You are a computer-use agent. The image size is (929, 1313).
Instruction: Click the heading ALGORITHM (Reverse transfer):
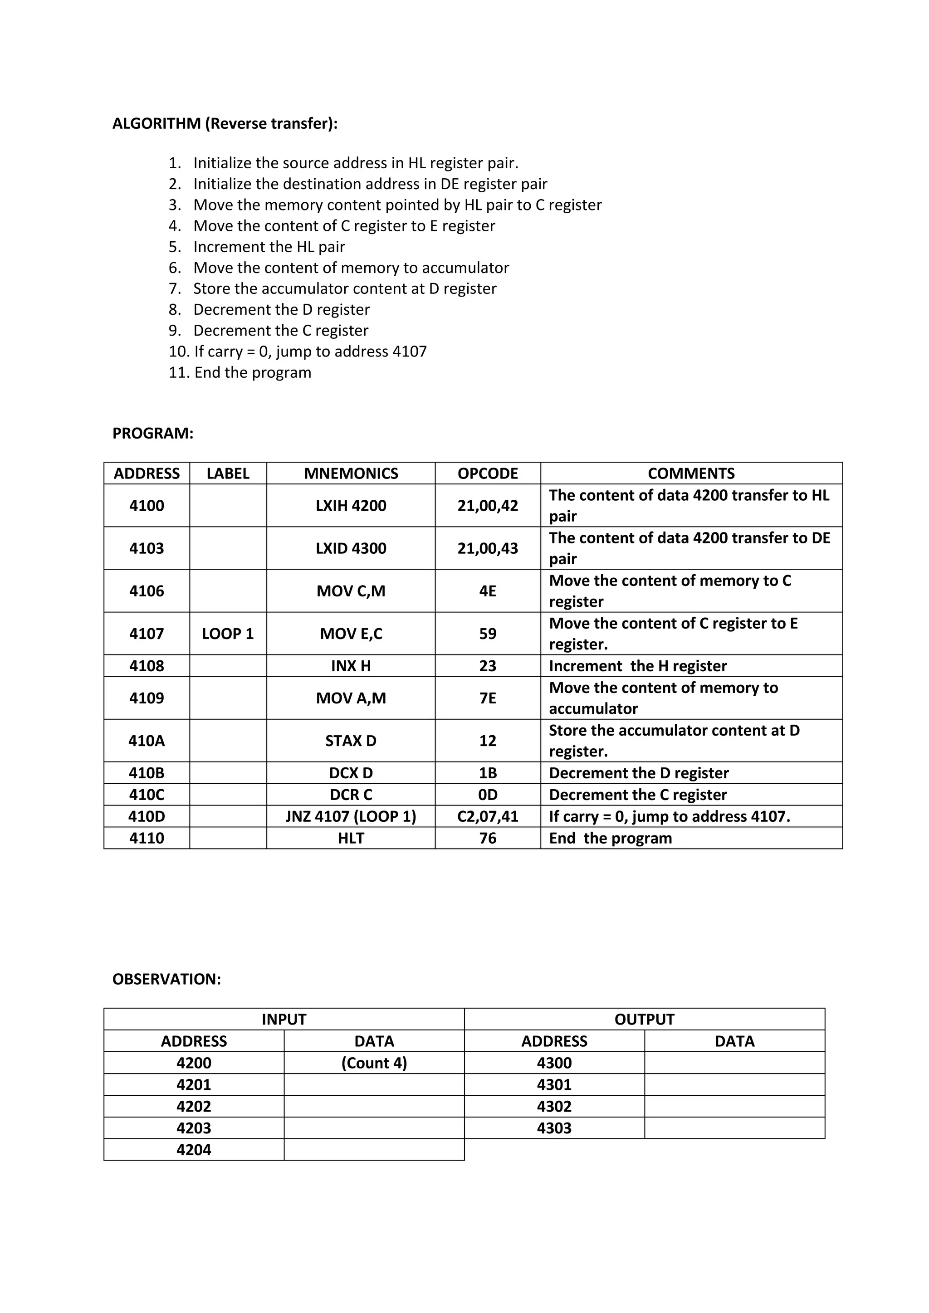[x=225, y=123]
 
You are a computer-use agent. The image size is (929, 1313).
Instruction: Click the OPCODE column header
[x=487, y=473]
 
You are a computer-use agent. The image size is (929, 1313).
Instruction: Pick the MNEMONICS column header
[x=351, y=473]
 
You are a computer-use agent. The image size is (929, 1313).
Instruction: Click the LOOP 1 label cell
[x=228, y=633]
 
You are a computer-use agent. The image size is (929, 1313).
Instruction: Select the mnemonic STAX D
[x=351, y=741]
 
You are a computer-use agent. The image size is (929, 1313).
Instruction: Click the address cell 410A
[x=147, y=741]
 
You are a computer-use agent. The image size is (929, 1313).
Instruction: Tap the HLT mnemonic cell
[x=351, y=838]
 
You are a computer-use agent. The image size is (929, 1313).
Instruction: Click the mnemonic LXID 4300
[x=351, y=548]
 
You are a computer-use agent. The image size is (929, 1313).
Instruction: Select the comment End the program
[x=611, y=838]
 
